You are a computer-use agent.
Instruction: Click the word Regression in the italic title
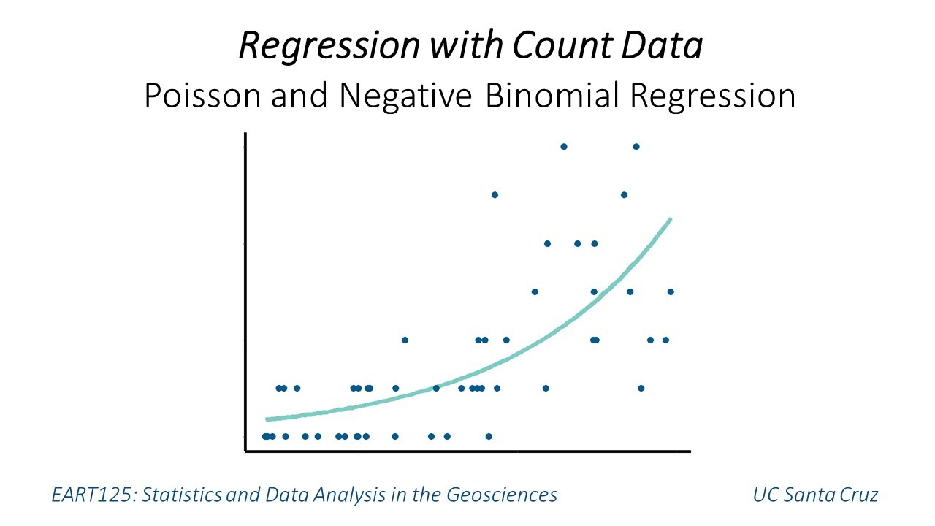click(329, 46)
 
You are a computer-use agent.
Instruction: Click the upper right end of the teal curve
click(670, 218)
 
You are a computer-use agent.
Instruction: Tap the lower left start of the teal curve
click(267, 419)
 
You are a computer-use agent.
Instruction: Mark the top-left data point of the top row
click(563, 146)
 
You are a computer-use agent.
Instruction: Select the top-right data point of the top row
click(636, 146)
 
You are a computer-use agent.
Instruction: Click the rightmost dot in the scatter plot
click(671, 291)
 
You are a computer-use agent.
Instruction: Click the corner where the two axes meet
click(246, 451)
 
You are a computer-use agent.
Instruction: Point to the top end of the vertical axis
click(246, 134)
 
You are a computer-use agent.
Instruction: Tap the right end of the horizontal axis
click(689, 451)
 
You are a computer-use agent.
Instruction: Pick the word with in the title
click(465, 46)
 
